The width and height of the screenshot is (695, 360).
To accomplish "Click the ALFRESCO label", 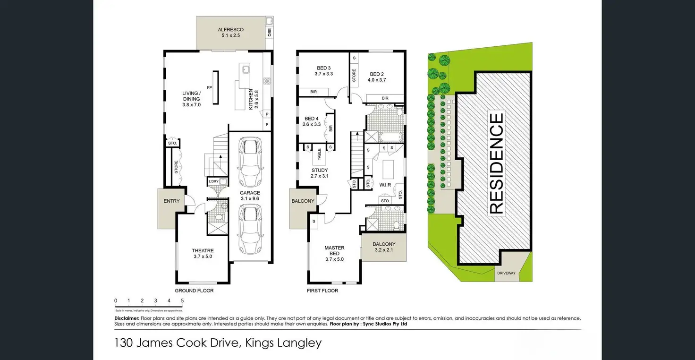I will point(231,30).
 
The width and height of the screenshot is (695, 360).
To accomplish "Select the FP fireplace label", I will point(209,88).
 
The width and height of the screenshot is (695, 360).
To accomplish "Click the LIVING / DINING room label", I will point(192,96).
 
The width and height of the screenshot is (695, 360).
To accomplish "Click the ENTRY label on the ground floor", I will point(171,201).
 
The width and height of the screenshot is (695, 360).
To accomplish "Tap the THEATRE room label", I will point(203,251).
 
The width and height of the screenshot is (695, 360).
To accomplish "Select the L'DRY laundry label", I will point(213,181).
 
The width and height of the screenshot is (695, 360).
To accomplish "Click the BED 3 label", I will point(323,68).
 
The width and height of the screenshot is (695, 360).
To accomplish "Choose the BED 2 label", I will point(377,74).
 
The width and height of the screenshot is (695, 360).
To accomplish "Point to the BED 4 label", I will point(312,119).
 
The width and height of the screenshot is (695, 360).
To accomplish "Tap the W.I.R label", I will point(385,185).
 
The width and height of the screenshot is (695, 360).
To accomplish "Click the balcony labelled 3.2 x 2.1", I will point(383,245).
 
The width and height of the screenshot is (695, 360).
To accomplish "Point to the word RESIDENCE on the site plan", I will point(496,163).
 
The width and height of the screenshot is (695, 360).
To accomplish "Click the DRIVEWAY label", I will point(506,273).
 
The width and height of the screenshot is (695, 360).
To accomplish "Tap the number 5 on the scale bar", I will point(182,300).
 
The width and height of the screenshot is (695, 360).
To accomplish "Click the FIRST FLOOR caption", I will point(322,291).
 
